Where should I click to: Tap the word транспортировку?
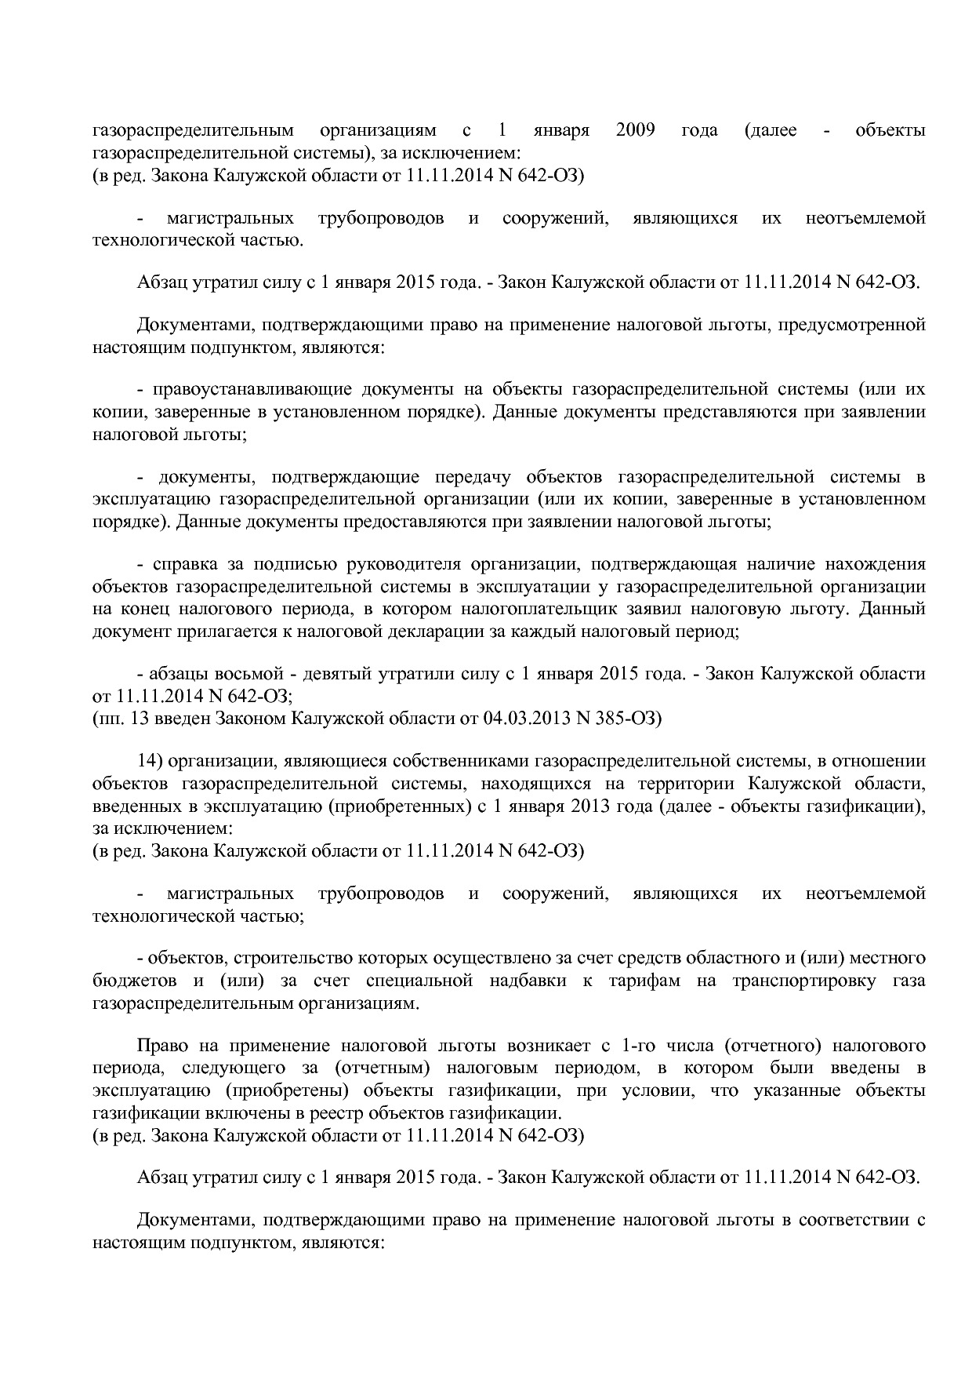(803, 981)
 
